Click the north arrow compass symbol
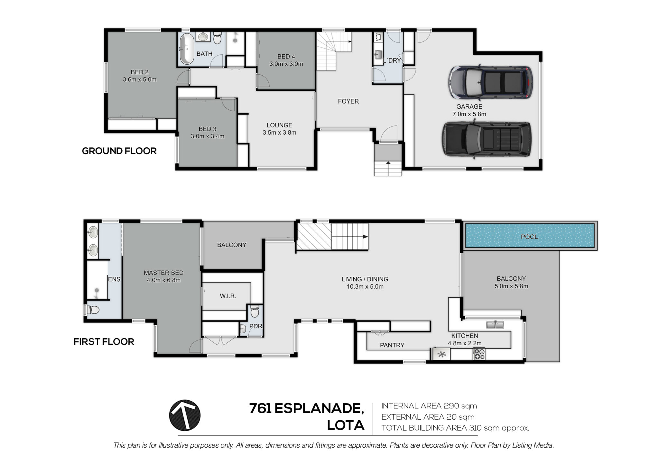pos(185,415)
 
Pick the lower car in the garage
pos(487,139)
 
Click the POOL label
pos(529,237)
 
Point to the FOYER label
pos(348,101)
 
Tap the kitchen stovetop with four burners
pos(479,354)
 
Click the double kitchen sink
pos(495,325)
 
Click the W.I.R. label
pos(228,296)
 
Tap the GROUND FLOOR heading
pos(119,151)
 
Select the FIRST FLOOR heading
pos(104,341)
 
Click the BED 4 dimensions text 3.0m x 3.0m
pos(286,64)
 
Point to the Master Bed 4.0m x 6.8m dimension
pos(163,280)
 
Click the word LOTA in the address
pos(346,425)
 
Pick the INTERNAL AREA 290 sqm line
pos(429,406)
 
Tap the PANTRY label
pos(392,345)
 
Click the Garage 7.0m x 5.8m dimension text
pos(469,114)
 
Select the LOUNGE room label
pos(279,125)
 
